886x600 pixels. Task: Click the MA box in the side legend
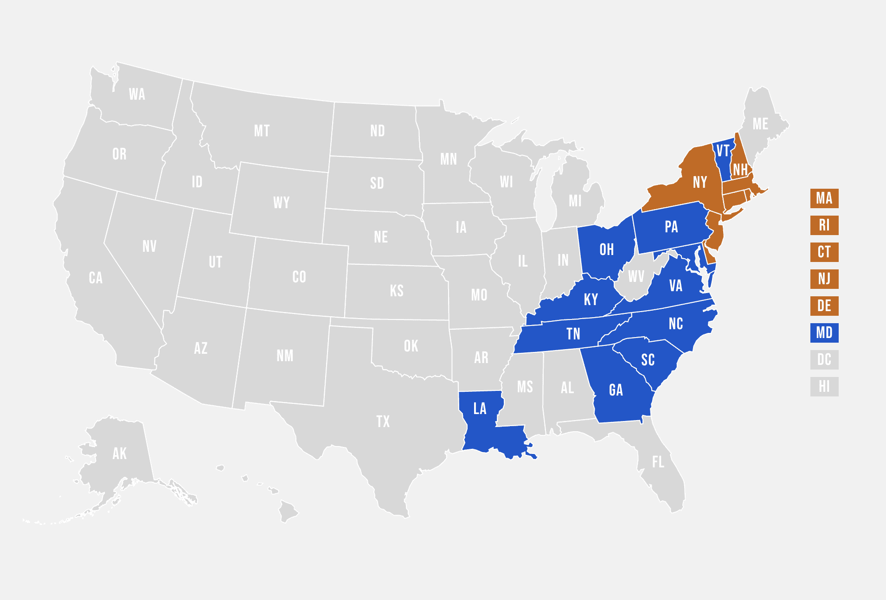(x=824, y=198)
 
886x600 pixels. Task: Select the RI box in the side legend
(x=824, y=225)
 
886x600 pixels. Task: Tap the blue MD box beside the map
(x=824, y=333)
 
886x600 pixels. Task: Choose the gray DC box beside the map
(x=824, y=360)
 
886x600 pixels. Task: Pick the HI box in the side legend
(x=824, y=387)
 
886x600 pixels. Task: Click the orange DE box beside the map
(x=824, y=306)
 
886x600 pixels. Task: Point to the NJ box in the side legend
(x=824, y=279)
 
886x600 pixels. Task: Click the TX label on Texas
(x=383, y=421)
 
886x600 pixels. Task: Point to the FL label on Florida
(x=658, y=462)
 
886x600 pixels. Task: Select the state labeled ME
(x=760, y=124)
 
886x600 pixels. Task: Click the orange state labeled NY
(x=700, y=182)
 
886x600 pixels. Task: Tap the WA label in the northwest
(x=137, y=95)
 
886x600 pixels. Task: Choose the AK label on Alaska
(x=119, y=453)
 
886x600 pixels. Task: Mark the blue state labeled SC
(x=648, y=360)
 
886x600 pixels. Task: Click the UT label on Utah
(x=215, y=262)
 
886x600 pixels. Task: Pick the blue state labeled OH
(x=607, y=250)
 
